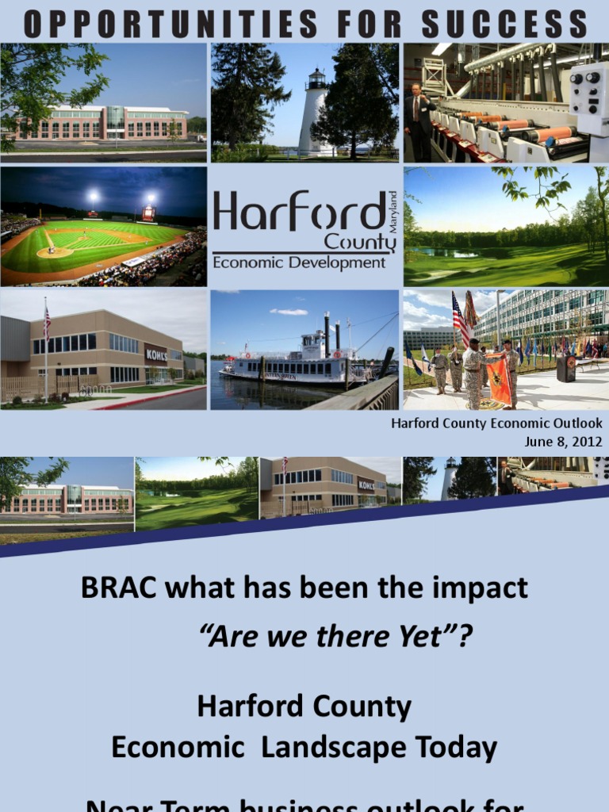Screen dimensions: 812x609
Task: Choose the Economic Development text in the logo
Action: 299,262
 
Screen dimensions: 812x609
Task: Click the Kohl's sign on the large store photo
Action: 156,354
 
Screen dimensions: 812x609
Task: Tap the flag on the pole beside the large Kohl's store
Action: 47,323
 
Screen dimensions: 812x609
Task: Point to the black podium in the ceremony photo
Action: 565,367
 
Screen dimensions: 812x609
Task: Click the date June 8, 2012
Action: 563,442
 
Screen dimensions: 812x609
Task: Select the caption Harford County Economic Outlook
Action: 496,423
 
